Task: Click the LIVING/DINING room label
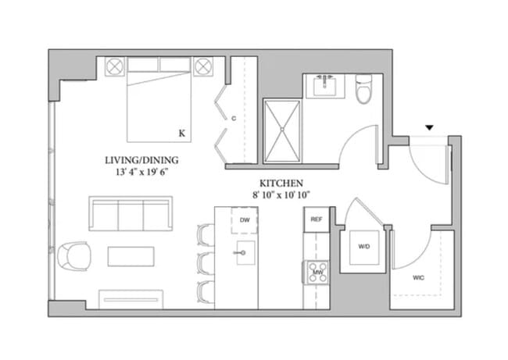click(141, 160)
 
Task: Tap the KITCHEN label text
click(281, 184)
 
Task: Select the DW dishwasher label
click(245, 220)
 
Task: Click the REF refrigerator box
click(317, 219)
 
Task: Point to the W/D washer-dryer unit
click(364, 248)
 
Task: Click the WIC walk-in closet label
click(419, 278)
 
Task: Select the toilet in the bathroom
click(363, 89)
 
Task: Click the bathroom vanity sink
click(325, 86)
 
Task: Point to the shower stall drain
click(282, 129)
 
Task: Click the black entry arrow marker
click(429, 127)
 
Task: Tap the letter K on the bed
click(182, 133)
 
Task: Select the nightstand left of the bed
click(115, 66)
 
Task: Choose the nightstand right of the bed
click(203, 66)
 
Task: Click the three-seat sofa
click(131, 213)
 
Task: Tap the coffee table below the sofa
click(131, 256)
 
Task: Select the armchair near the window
click(74, 256)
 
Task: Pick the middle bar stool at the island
click(206, 263)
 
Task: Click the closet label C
click(234, 119)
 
